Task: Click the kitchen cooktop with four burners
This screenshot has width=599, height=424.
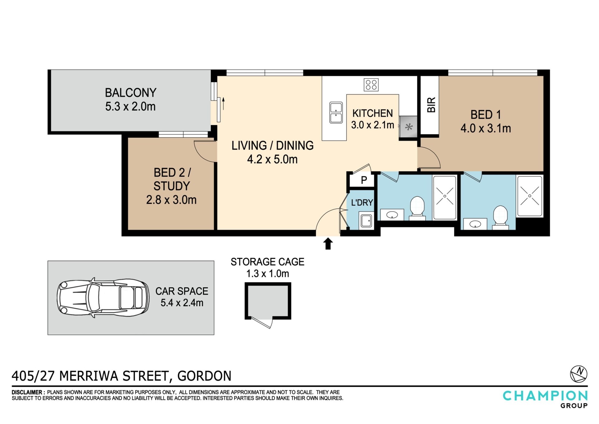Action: point(371,85)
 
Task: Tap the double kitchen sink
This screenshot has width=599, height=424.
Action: point(336,112)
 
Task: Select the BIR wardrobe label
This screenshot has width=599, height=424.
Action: point(431,105)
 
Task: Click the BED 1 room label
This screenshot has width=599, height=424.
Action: point(486,115)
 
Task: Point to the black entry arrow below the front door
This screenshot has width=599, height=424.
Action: point(328,244)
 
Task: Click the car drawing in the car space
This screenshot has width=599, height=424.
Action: point(103,297)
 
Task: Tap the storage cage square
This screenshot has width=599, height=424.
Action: point(268,301)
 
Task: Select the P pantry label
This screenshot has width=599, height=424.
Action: point(364,180)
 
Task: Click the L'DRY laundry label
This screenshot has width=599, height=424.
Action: point(362,203)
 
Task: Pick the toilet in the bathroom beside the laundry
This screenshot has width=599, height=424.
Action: point(417,207)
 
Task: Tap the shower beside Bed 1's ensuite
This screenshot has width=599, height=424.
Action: point(530,196)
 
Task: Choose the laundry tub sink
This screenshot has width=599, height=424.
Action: point(366,221)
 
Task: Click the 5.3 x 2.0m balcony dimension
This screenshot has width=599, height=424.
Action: point(130,107)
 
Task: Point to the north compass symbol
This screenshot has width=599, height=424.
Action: point(579,374)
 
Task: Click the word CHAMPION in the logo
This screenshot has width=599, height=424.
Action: point(545,396)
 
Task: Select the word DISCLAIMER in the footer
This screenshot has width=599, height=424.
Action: point(27,392)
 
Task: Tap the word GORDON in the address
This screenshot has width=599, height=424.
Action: point(204,376)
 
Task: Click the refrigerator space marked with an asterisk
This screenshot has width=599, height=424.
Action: point(408,127)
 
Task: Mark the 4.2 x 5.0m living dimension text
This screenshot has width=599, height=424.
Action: point(272,159)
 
